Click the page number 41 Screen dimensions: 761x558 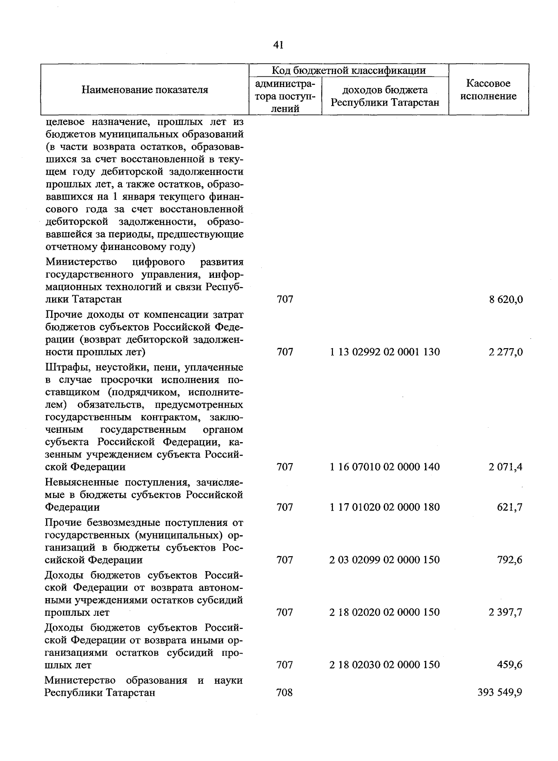[279, 45]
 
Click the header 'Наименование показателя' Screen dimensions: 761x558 [145, 90]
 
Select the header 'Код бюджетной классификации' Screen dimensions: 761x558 [349, 71]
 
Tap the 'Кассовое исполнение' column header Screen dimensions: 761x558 [488, 90]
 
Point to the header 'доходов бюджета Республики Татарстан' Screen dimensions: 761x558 [385, 96]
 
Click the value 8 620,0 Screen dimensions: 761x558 [505, 299]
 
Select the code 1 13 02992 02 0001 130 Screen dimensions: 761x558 [385, 352]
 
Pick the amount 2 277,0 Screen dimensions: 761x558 [505, 352]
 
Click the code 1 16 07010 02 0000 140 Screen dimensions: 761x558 [385, 466]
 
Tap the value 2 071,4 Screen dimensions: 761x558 [505, 466]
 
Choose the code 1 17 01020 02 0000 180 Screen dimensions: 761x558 [385, 507]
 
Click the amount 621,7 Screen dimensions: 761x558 [510, 507]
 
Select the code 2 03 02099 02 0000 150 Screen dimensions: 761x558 [385, 559]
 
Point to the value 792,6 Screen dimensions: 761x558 [510, 559]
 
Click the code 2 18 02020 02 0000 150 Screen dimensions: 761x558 [385, 612]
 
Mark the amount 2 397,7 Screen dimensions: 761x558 [505, 612]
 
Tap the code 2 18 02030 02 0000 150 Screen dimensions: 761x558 [385, 665]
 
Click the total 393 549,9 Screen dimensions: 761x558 [500, 693]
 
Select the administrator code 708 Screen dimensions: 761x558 [285, 693]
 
